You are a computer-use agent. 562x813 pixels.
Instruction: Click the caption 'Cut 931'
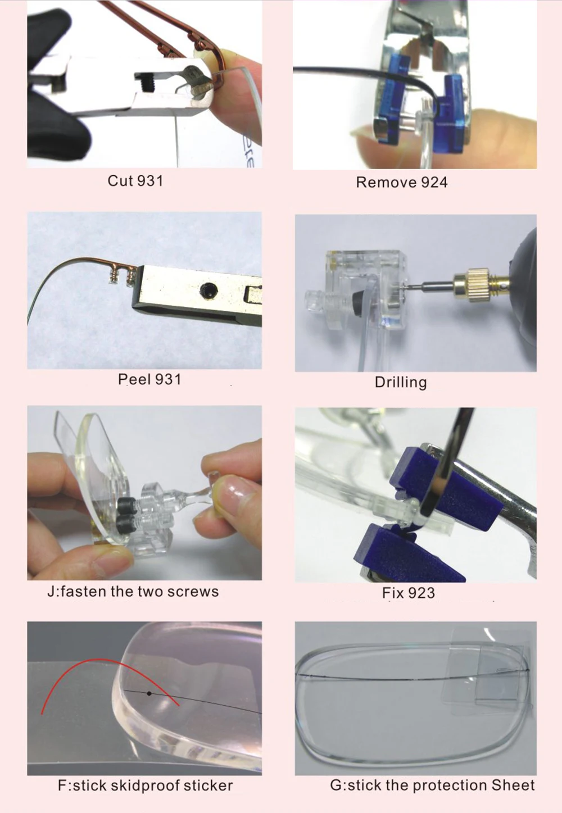(135, 181)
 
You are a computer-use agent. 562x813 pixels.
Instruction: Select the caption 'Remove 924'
(401, 183)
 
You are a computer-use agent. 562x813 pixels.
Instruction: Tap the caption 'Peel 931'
(149, 380)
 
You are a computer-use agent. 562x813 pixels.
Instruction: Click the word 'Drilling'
(401, 383)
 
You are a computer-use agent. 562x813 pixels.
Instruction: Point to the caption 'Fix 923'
(408, 593)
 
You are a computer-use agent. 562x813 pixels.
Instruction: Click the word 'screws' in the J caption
(193, 592)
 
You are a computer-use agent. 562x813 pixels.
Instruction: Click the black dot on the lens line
(149, 694)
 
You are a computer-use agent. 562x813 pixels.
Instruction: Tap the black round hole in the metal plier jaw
(209, 291)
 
